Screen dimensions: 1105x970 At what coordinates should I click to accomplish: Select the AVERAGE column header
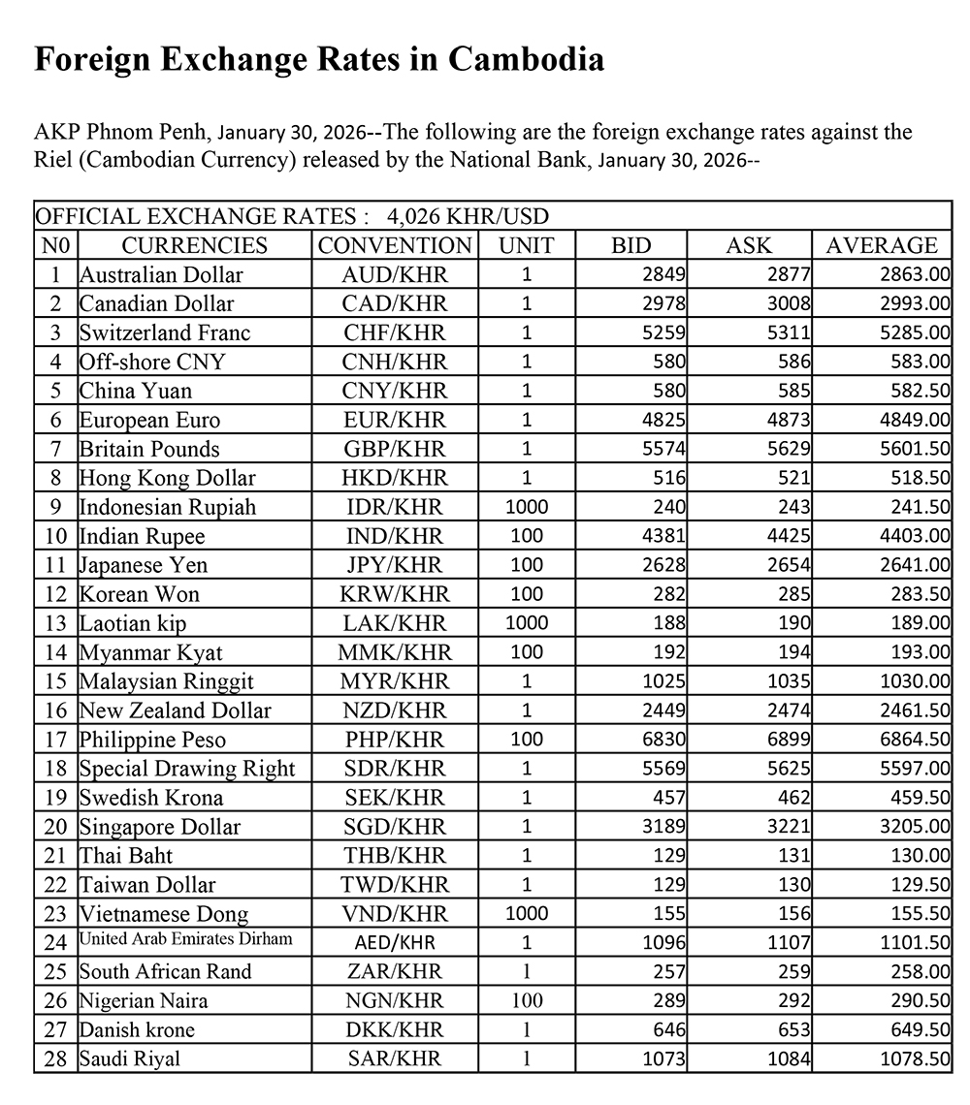click(882, 245)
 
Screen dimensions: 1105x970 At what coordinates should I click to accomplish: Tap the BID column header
click(631, 245)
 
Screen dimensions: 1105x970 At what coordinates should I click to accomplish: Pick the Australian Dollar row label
click(161, 274)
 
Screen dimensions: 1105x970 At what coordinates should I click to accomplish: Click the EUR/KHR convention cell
click(394, 420)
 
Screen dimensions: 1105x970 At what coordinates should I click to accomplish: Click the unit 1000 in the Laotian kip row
click(527, 623)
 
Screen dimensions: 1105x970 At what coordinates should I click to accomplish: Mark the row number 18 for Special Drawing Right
click(56, 769)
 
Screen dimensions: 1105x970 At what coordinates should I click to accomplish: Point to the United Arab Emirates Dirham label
click(185, 938)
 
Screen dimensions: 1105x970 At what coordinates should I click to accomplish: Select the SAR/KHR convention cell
click(394, 1058)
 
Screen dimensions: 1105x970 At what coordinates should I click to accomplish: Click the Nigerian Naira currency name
click(144, 1000)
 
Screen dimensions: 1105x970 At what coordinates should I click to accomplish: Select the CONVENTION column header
click(395, 245)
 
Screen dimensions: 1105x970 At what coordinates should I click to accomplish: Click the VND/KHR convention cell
click(394, 913)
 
